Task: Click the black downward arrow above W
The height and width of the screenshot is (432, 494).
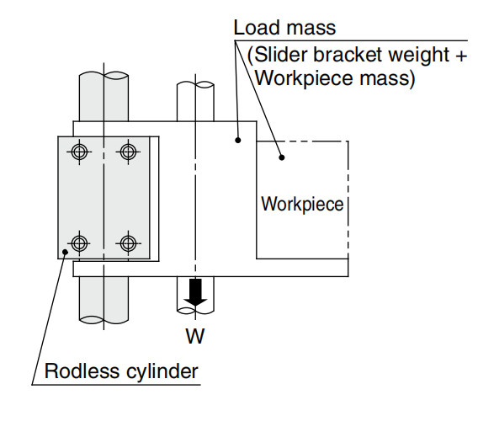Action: pos(195,292)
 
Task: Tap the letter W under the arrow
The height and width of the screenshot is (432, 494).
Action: pos(195,336)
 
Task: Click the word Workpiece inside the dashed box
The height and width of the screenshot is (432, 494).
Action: pos(302,205)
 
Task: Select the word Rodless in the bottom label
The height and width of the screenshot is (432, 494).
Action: pos(82,371)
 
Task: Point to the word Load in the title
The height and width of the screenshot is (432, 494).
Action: pos(257,28)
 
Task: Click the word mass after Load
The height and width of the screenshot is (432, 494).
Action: pos(311,29)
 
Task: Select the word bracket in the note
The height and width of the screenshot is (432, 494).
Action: pos(348,55)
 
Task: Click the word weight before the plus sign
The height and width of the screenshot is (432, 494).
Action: pos(419,56)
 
